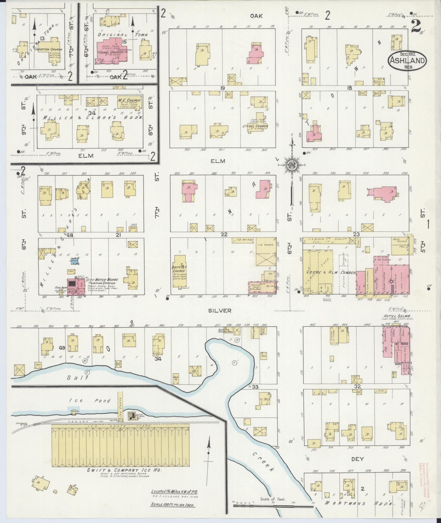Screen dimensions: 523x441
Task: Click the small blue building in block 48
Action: (74, 261)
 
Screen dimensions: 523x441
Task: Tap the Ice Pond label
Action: (90, 401)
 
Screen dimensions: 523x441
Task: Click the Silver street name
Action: (220, 311)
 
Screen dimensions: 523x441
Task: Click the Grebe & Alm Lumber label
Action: (330, 273)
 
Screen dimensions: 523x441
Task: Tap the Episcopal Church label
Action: (255, 126)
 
